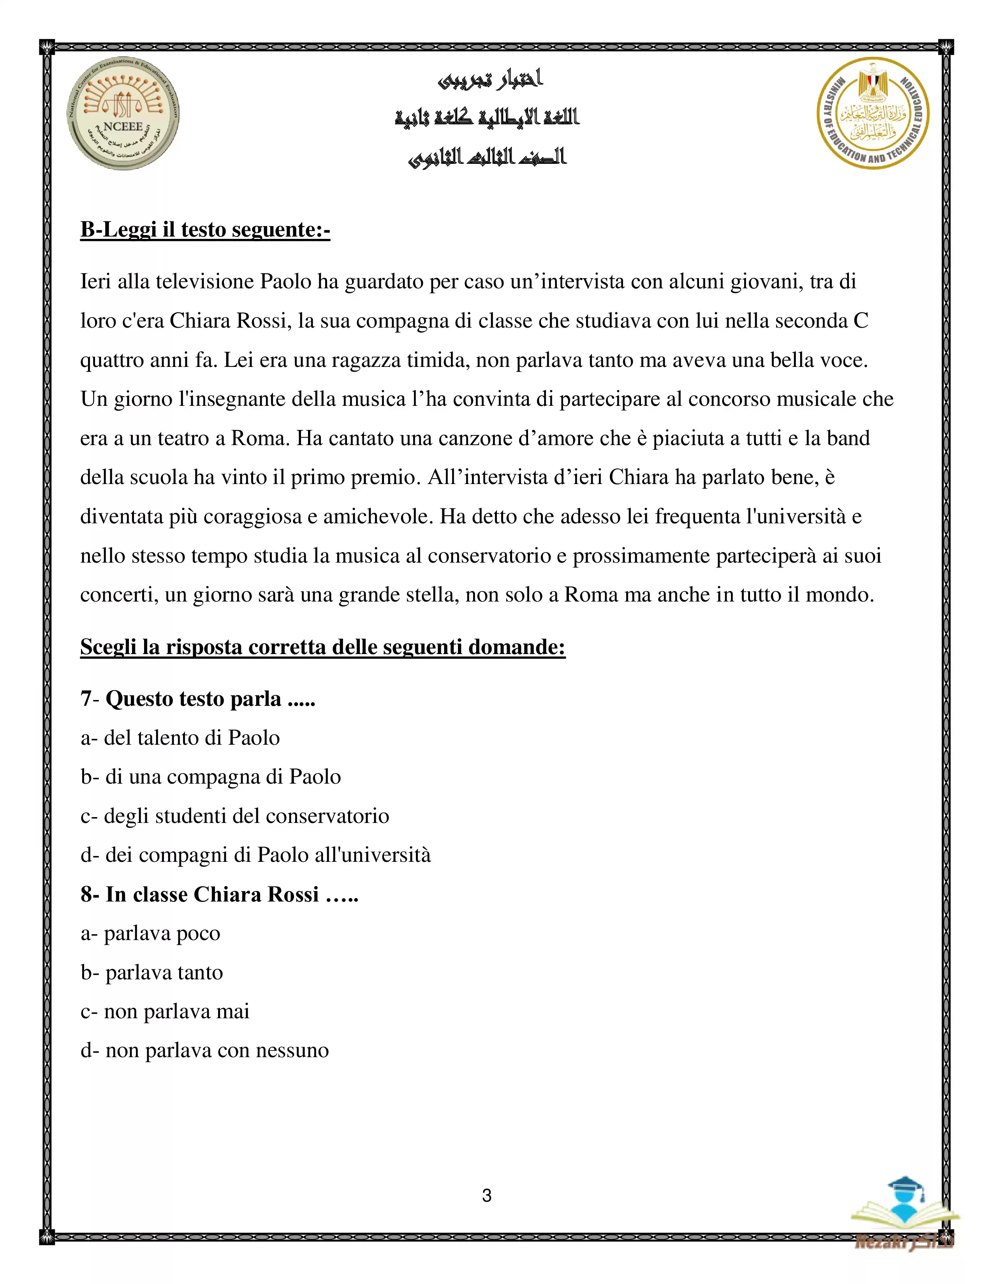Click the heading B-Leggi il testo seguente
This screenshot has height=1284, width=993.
pos(205,229)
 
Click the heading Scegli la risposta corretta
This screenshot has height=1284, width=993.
pos(322,647)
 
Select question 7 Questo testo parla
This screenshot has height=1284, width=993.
pos(198,698)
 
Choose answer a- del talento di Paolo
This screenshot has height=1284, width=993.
pos(180,738)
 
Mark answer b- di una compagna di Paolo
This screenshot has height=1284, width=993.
pos(211,777)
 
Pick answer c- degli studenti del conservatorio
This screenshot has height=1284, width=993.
pos(235,816)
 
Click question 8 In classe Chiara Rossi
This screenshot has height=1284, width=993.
pos(219,894)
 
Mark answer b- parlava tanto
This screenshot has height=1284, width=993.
pos(152,972)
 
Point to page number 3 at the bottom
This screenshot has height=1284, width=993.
pos(486,1195)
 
